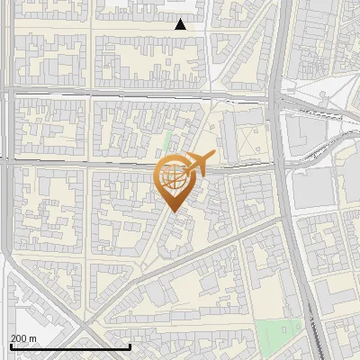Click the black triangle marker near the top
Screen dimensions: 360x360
pos(181,24)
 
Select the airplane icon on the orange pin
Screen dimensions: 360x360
pos(200,164)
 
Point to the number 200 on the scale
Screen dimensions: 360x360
pos(19,338)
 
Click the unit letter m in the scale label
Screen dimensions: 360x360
pos(33,338)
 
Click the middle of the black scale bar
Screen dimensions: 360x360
pos(70,346)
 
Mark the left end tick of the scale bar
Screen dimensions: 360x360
pos(11,346)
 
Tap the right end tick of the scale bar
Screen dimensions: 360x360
pos(130,346)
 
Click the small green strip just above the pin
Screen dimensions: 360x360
pos(168,141)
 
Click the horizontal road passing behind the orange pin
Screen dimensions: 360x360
pos(90,164)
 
